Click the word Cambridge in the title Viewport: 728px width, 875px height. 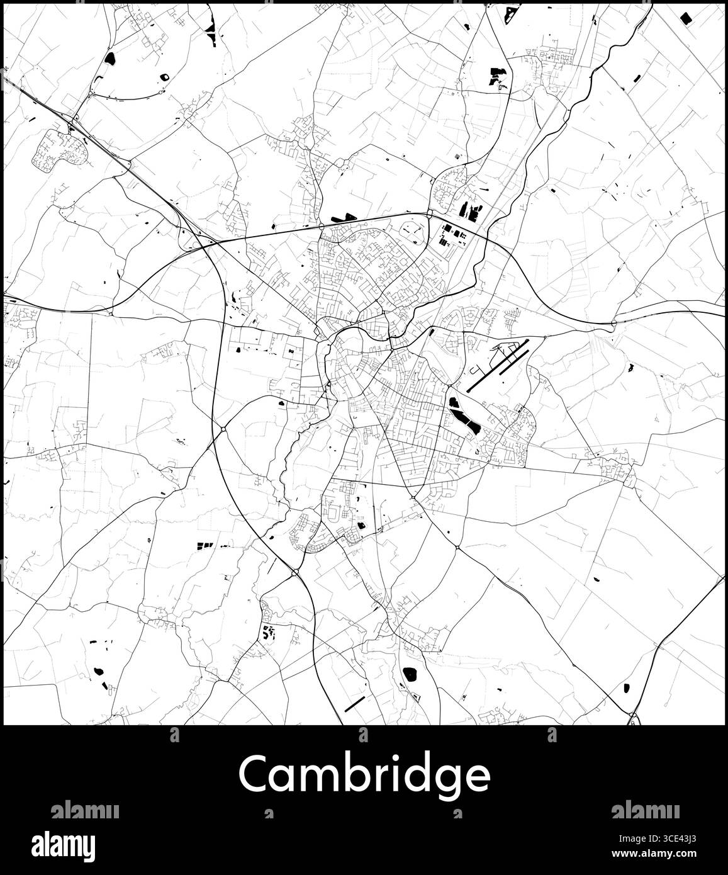click(x=364, y=775)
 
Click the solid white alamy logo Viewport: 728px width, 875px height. click(x=73, y=844)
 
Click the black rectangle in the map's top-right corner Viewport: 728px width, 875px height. click(x=686, y=18)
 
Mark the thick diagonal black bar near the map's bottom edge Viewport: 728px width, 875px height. click(x=355, y=703)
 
